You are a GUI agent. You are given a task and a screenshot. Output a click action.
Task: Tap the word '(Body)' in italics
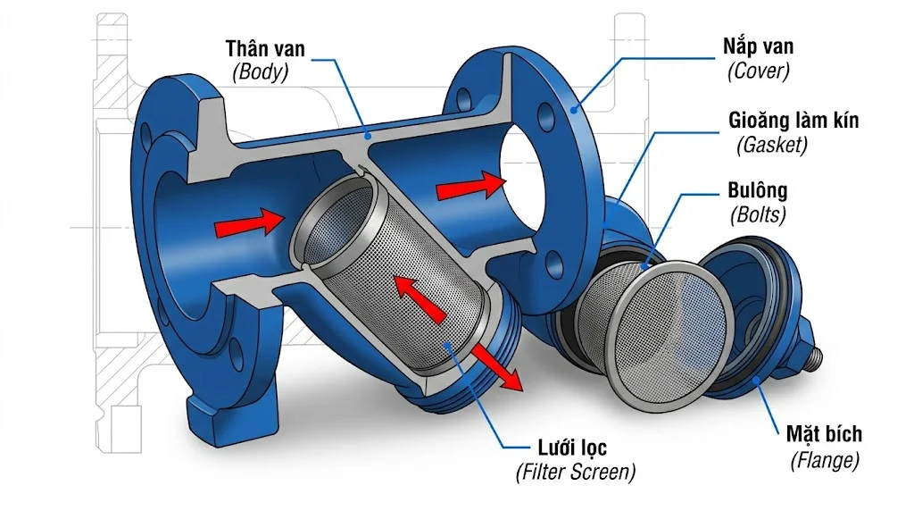(261, 72)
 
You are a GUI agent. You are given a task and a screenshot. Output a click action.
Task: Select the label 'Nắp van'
(760, 46)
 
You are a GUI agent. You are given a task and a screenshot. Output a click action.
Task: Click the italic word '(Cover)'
(759, 71)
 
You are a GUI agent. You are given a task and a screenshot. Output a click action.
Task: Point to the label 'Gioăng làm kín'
(793, 120)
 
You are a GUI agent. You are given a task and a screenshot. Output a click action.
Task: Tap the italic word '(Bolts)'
(757, 215)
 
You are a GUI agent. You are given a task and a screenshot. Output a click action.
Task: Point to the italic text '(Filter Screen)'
(575, 471)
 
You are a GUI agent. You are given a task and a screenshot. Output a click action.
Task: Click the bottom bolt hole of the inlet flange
(236, 352)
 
